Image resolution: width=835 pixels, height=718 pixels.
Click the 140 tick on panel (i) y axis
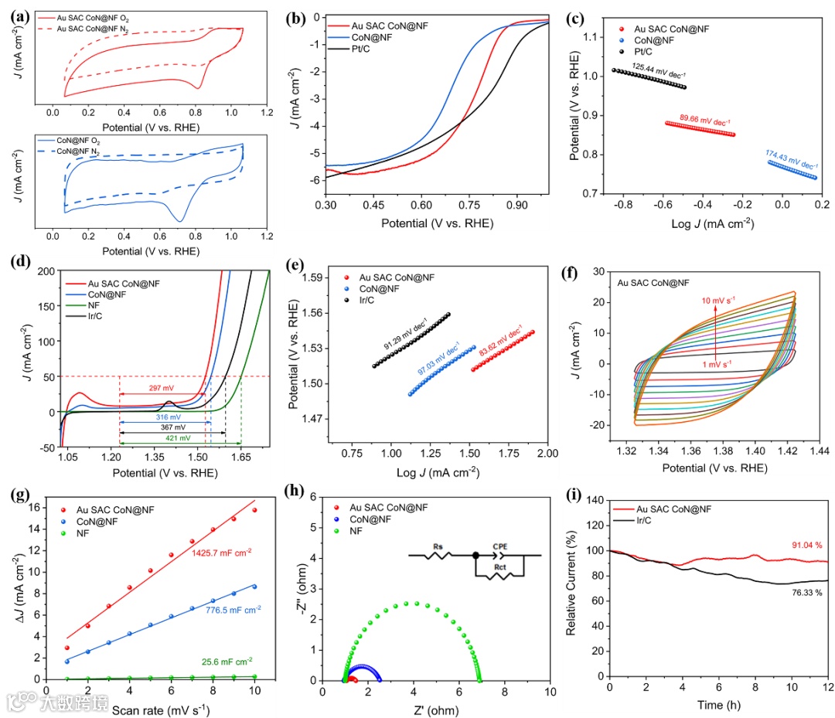(592, 499)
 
